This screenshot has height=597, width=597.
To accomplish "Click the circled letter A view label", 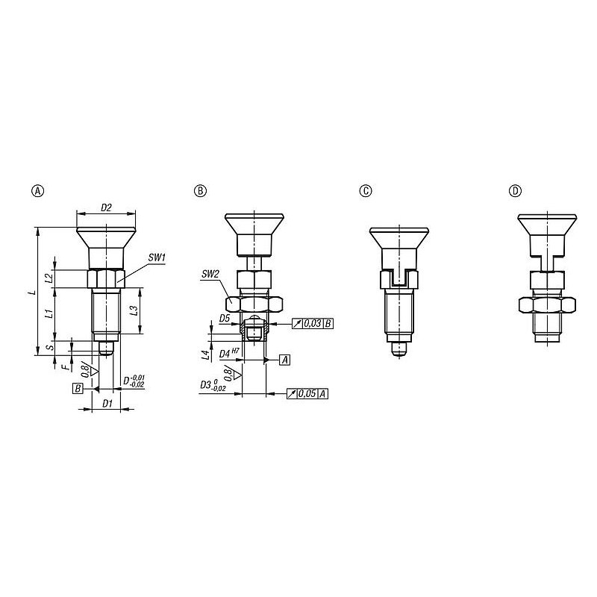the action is (37, 191).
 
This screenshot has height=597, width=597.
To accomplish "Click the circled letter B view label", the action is (200, 191).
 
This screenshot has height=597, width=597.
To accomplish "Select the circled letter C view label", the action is (366, 191).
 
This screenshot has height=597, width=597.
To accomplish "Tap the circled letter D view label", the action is (515, 191).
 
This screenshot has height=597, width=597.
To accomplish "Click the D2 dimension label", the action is (106, 207).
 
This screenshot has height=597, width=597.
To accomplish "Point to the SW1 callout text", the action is (157, 257).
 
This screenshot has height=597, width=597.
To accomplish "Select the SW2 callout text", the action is (210, 274).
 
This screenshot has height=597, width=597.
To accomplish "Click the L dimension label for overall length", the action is (33, 292).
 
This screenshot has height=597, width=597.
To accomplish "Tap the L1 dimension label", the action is (49, 314).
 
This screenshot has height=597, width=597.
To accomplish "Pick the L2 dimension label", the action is (49, 278).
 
